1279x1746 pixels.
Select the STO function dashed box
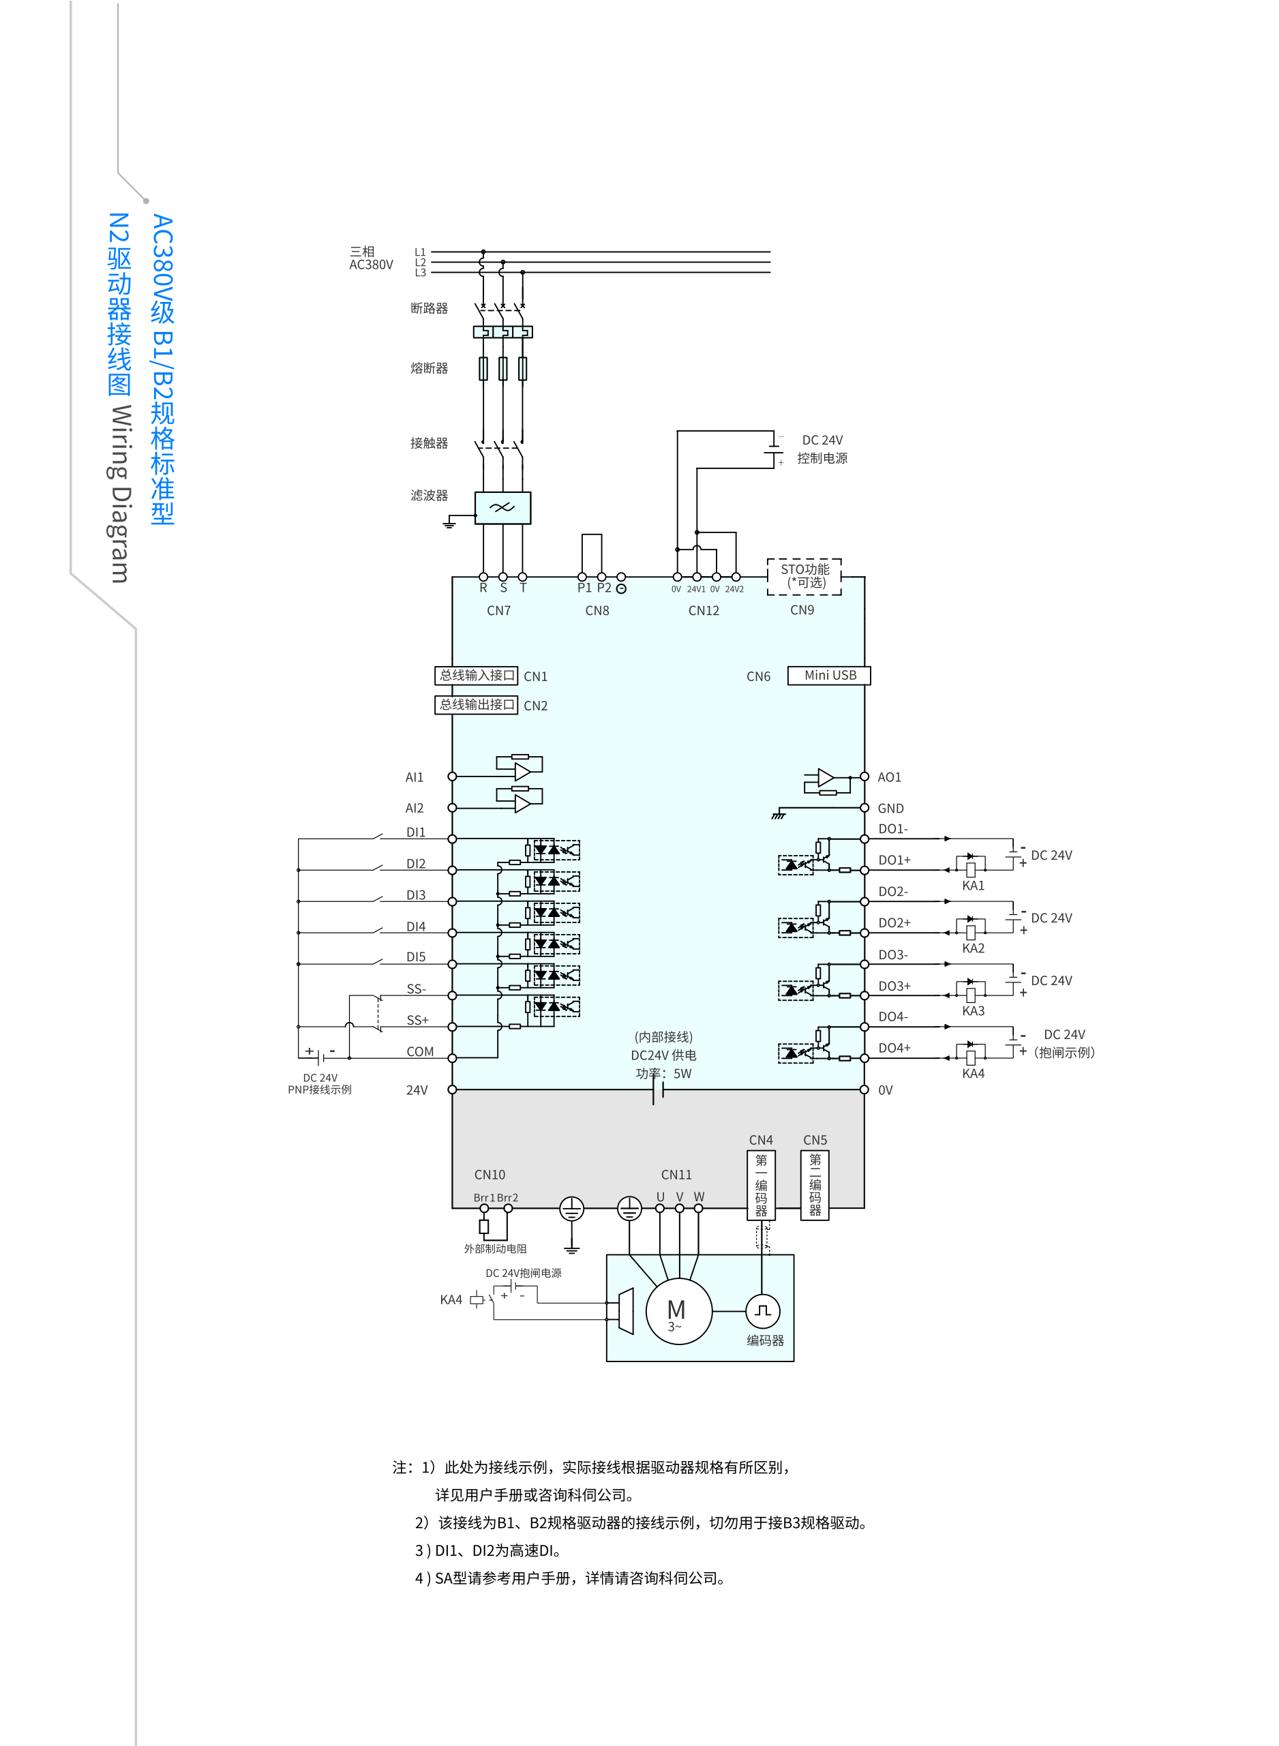coord(804,576)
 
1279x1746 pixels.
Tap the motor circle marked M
coord(678,1311)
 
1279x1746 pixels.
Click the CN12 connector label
coord(703,610)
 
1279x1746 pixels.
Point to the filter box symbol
coord(502,508)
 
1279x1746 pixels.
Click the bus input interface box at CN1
coord(476,675)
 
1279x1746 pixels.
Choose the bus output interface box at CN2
coord(476,704)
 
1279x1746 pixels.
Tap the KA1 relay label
coord(972,886)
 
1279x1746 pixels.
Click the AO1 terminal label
coord(889,777)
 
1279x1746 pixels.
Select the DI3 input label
coord(416,895)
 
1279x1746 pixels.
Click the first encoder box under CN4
coord(761,1185)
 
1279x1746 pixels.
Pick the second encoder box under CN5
coord(815,1185)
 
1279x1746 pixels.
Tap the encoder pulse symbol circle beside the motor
coord(763,1311)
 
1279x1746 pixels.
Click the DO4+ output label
coord(894,1048)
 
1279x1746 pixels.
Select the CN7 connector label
coord(498,610)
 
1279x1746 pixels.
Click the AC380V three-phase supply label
coord(371,258)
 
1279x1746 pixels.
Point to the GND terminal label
coord(890,809)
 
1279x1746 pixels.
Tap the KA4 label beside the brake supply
coord(451,1299)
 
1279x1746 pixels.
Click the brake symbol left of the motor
coord(624,1311)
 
